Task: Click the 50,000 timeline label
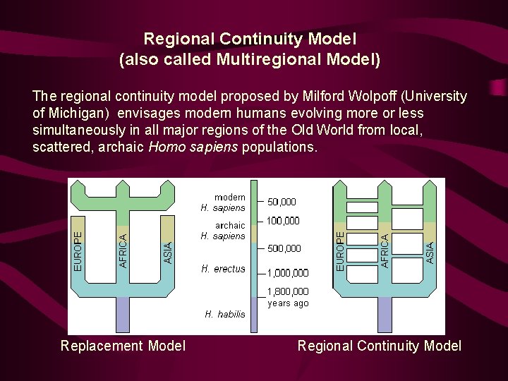282,202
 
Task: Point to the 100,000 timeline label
282,221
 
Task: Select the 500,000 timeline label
284,248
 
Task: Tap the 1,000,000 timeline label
287,273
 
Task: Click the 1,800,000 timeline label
287,291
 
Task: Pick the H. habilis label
225,314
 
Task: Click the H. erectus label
223,269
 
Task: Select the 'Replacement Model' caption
123,346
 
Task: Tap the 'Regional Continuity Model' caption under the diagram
380,346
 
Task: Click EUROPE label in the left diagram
78,246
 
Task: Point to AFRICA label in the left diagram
123,251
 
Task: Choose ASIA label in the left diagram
168,253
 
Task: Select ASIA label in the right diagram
430,252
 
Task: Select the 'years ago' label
288,303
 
